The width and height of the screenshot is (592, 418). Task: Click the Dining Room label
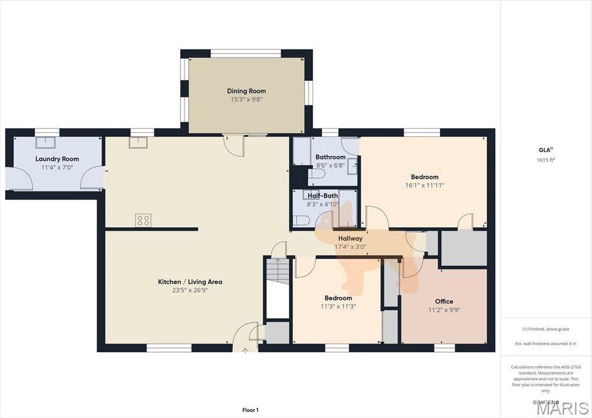click(x=246, y=91)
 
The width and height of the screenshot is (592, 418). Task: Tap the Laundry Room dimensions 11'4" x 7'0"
click(x=56, y=168)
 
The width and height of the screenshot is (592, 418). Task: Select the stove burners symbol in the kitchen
click(x=143, y=219)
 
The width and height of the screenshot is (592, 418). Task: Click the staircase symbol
click(x=278, y=272)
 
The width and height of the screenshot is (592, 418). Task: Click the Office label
click(x=444, y=301)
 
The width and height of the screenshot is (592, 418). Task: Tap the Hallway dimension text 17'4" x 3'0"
click(x=350, y=247)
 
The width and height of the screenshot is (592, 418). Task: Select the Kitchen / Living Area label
click(x=190, y=282)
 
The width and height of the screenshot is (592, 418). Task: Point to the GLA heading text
click(x=545, y=150)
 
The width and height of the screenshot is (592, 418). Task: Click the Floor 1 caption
click(x=250, y=410)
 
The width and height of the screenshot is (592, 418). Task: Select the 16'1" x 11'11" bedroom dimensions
click(x=424, y=186)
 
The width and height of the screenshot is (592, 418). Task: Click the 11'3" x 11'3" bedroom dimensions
click(x=338, y=307)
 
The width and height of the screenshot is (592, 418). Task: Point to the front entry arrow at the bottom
click(x=245, y=350)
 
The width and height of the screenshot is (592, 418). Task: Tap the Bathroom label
click(x=330, y=157)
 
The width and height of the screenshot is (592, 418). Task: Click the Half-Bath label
click(x=322, y=196)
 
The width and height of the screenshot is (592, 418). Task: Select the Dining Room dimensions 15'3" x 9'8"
click(x=246, y=100)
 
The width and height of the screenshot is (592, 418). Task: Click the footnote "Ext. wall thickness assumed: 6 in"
click(x=545, y=343)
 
